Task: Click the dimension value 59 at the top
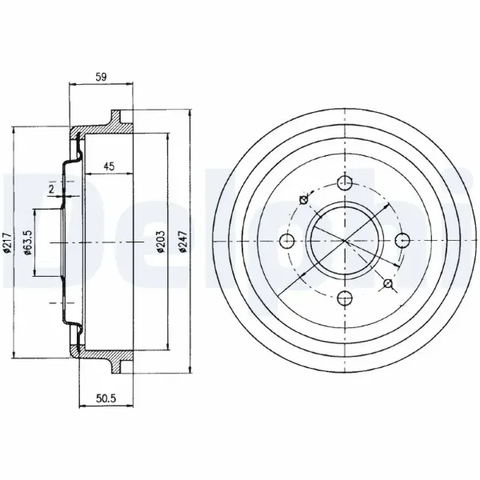pyautogui.click(x=101, y=77)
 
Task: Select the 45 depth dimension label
pyautogui.click(x=109, y=166)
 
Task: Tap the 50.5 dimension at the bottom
pyautogui.click(x=106, y=398)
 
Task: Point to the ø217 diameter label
pyautogui.click(x=8, y=242)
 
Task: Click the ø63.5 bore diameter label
pyautogui.click(x=28, y=242)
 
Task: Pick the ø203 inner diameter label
pyautogui.click(x=161, y=242)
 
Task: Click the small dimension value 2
pyautogui.click(x=51, y=189)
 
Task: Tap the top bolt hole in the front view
pyautogui.click(x=345, y=183)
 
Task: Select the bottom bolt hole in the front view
pyautogui.click(x=345, y=298)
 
